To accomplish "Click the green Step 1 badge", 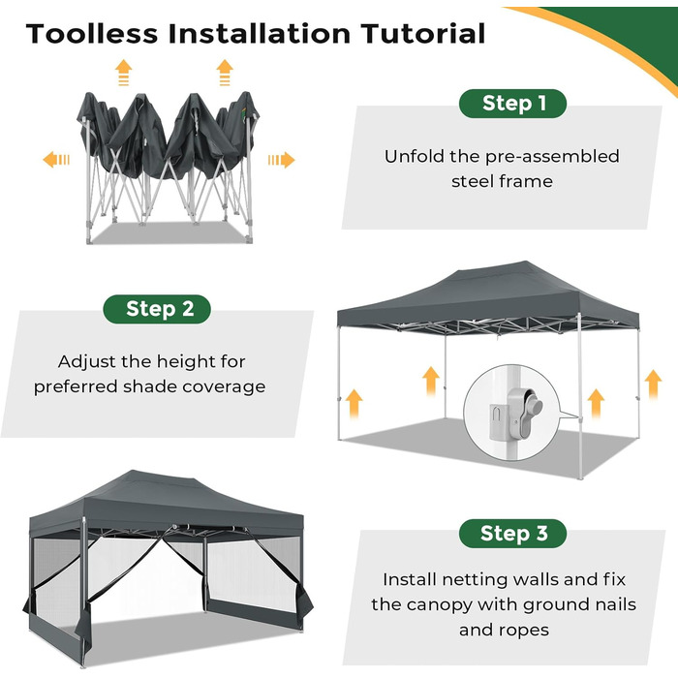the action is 512,104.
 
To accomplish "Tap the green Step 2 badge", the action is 157,309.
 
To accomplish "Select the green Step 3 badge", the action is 512,534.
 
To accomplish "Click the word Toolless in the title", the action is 92,34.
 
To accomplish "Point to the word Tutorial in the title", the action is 423,34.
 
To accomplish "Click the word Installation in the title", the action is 260,34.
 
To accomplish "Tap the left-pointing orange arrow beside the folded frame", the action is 56,160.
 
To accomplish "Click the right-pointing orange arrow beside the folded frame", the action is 281,160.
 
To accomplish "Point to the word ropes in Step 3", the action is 525,631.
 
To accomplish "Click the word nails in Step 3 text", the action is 615,604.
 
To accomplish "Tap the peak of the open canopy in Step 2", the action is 525,262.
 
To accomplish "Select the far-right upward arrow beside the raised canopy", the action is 653,385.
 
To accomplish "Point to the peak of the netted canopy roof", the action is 134,471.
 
